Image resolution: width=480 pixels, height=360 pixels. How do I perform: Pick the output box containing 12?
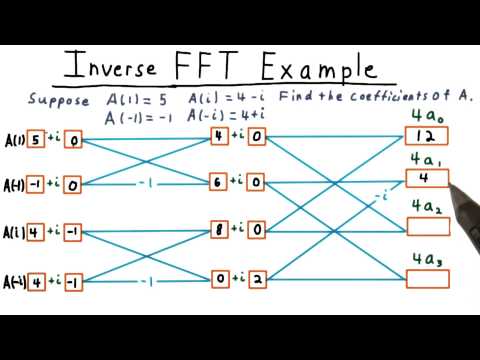424,137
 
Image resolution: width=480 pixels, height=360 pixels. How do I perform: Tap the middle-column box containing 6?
219,182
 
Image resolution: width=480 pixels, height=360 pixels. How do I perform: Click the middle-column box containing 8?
219,228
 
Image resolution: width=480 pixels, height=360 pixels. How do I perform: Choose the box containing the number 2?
257,277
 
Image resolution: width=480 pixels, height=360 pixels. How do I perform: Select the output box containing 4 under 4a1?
423,180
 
